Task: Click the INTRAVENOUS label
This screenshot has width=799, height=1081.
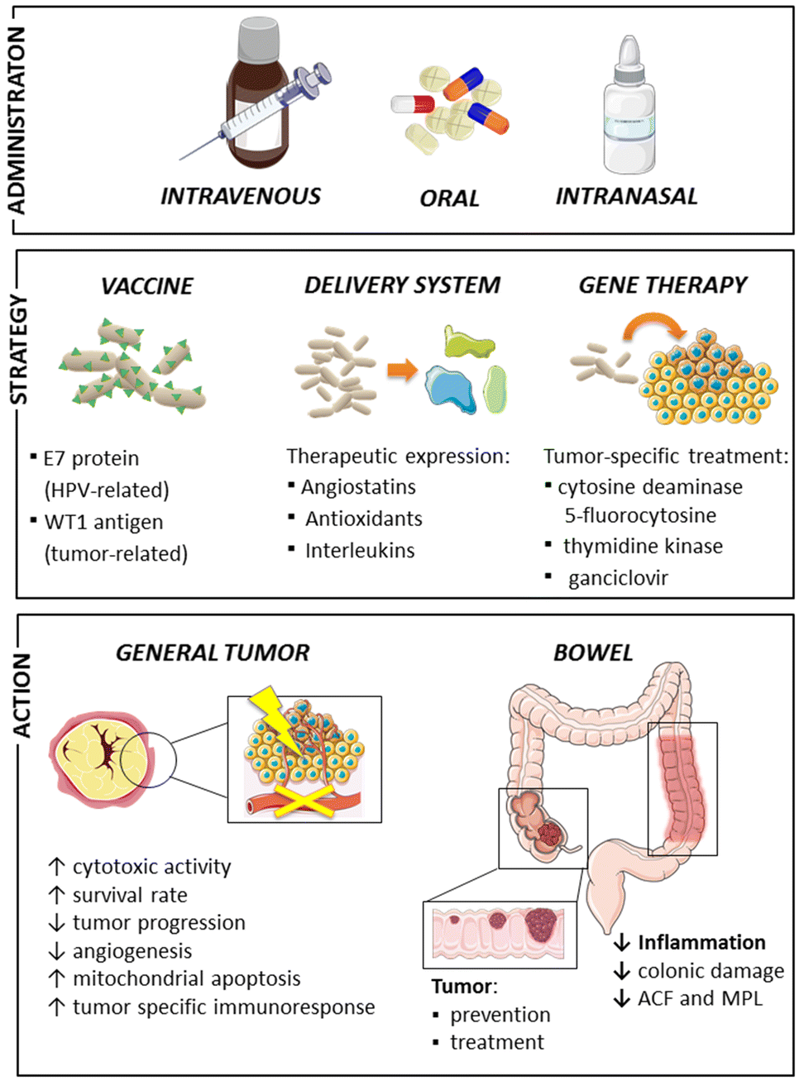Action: [241, 196]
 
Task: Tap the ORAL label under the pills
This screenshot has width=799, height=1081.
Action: [449, 199]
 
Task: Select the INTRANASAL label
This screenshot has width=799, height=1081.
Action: [626, 196]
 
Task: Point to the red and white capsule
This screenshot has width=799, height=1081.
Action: [413, 104]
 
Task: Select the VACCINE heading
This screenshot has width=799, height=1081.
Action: [146, 286]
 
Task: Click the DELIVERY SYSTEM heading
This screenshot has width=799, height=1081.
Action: [402, 285]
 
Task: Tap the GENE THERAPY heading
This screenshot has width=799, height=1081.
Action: [663, 285]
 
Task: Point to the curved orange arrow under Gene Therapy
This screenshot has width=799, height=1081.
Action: [653, 327]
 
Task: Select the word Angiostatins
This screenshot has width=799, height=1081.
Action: [358, 487]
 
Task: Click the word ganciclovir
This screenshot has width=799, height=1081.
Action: [618, 578]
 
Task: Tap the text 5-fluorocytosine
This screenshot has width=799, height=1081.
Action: [640, 515]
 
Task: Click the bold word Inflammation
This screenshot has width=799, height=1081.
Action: [701, 942]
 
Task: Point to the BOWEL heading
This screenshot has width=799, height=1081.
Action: [593, 653]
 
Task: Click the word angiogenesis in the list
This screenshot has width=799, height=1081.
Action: [132, 951]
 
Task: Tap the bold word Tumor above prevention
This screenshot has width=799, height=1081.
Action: [462, 987]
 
